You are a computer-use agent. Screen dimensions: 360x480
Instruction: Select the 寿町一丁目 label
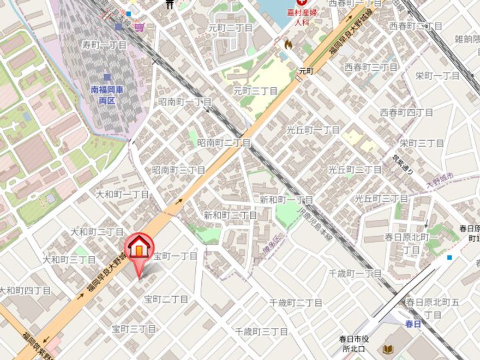(104, 45)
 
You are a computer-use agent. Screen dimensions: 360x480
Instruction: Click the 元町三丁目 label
(255, 90)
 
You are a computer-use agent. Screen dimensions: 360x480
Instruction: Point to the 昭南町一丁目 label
(185, 102)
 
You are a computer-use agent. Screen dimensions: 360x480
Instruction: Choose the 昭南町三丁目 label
(179, 170)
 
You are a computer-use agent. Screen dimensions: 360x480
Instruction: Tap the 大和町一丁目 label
(123, 194)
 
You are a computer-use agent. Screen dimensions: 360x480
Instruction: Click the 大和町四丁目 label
(25, 291)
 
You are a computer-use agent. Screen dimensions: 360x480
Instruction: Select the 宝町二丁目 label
(166, 299)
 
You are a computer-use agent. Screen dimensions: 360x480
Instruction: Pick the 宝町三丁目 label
(133, 329)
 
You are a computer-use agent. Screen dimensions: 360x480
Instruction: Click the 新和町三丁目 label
(230, 215)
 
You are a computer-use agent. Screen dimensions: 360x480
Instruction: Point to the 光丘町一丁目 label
(313, 130)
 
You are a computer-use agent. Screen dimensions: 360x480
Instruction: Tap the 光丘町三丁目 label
(381, 199)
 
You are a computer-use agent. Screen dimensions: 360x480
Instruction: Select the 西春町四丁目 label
(406, 112)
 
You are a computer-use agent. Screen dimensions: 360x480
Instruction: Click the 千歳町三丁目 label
(261, 331)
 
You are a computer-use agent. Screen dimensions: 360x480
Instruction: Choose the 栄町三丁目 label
(422, 143)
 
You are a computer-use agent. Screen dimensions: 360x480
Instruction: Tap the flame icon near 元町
(288, 44)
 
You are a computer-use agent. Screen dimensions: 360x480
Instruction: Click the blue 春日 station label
(413, 323)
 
